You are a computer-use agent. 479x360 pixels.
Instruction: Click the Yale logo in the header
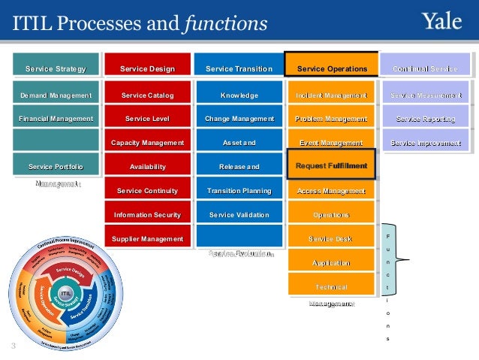442,23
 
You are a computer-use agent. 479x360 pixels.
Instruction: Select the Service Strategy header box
56,69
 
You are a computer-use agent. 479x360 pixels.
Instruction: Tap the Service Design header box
147,69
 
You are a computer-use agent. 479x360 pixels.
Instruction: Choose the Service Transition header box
239,69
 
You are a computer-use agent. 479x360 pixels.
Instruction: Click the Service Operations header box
332,69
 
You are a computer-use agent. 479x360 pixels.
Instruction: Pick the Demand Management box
56,95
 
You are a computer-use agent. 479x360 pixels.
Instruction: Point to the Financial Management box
56,119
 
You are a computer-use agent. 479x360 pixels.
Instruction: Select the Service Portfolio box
56,166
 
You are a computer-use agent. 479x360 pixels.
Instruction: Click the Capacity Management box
147,143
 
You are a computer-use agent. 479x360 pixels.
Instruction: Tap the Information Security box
147,215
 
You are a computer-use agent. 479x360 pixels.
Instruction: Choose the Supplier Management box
147,239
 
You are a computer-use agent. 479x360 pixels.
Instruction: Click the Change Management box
239,119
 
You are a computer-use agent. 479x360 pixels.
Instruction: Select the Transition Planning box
239,191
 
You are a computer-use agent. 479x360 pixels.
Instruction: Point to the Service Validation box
239,215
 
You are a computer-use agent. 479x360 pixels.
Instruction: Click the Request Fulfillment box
331,165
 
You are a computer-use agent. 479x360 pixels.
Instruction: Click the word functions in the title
225,25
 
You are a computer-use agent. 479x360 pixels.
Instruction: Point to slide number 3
14,346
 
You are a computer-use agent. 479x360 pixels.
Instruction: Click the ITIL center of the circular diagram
65,292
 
